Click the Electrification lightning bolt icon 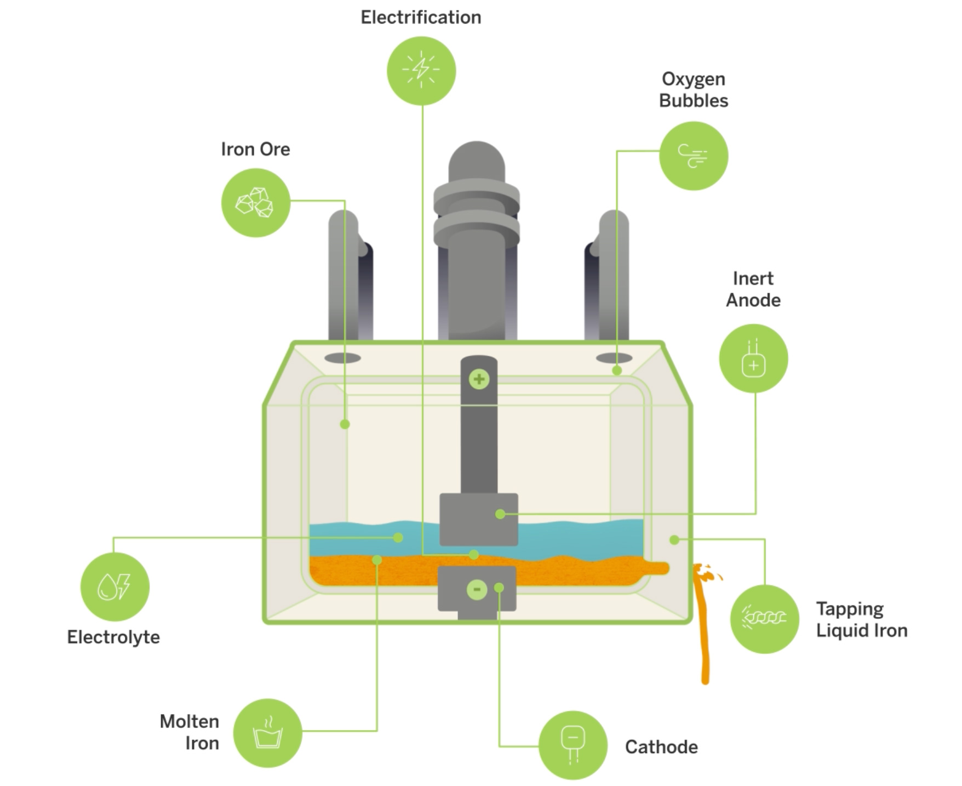[421, 71]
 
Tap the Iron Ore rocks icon [255, 203]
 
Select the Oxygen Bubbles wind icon [694, 156]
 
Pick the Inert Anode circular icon [753, 358]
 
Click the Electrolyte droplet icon [114, 586]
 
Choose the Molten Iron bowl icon [267, 733]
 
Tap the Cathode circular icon [573, 745]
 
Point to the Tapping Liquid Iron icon [764, 619]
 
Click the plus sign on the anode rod [479, 379]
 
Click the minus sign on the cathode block [477, 590]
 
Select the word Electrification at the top [421, 18]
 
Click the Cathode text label [661, 747]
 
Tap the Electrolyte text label [113, 637]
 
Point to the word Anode [753, 300]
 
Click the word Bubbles [694, 101]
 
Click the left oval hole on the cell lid [342, 358]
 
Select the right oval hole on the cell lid [614, 358]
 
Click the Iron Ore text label [255, 149]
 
